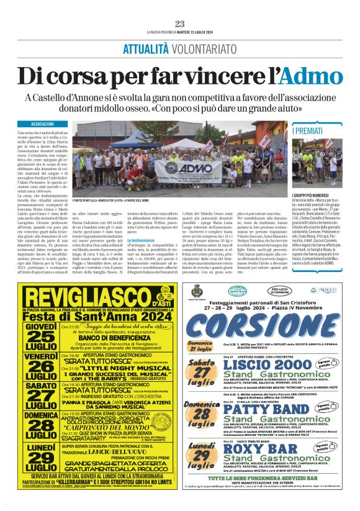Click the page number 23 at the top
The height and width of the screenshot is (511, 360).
(179, 24)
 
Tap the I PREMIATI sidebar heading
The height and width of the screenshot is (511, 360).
(310, 132)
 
